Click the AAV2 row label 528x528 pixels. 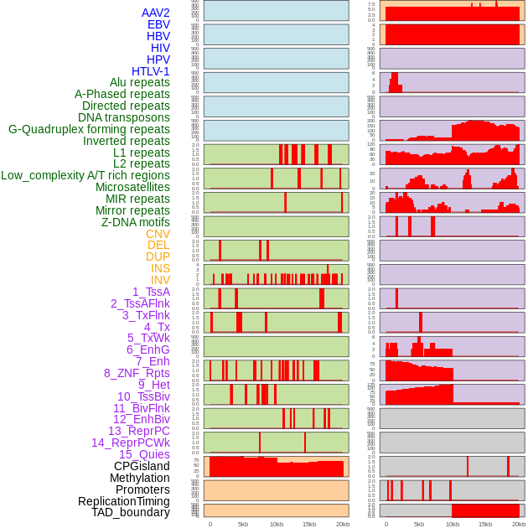point(156,13)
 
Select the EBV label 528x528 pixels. point(158,25)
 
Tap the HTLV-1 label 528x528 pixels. point(151,71)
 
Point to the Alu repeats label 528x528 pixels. point(140,83)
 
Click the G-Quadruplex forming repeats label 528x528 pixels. point(89,129)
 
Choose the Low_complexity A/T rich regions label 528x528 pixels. point(85,175)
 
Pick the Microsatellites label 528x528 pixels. point(132,187)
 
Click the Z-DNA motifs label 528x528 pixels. point(136,222)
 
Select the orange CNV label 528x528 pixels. point(158,234)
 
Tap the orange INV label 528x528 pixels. point(160,280)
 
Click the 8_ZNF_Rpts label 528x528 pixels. point(137,373)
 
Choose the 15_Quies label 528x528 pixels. point(144,454)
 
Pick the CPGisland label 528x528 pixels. point(142,466)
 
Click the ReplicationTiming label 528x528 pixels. point(123,501)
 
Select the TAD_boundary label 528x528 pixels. point(131,512)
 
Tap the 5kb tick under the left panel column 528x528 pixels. point(243,524)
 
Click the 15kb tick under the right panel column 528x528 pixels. point(485,524)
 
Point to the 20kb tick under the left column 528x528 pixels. point(342,524)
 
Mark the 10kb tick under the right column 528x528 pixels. point(453,524)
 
